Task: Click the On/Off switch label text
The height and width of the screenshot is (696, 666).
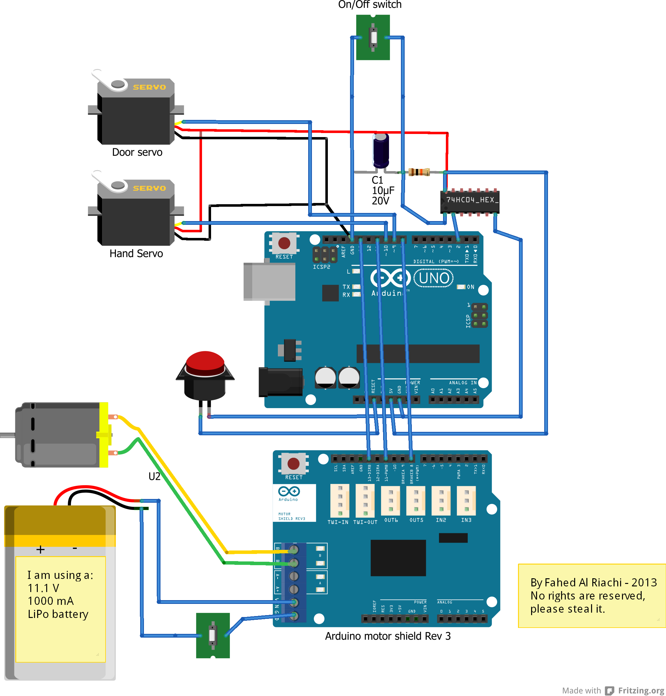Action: (x=370, y=5)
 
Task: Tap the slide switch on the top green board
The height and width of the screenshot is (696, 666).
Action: (x=373, y=37)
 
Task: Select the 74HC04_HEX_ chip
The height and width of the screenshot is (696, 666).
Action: (x=470, y=202)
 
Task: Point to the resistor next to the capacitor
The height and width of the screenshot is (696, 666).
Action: (x=419, y=172)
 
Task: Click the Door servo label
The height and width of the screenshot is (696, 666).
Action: (x=137, y=152)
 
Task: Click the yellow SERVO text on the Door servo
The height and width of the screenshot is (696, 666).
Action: (x=149, y=87)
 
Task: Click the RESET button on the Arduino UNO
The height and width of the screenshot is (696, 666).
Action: (x=284, y=243)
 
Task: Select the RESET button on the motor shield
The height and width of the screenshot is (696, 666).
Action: (x=293, y=463)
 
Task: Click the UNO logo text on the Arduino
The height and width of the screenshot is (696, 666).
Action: (x=434, y=278)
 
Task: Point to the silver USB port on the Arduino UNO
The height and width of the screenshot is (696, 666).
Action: (x=269, y=282)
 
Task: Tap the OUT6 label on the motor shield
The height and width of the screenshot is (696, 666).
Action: (x=391, y=520)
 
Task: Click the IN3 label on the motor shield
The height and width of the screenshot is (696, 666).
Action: (x=466, y=520)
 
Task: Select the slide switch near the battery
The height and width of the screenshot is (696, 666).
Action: (x=212, y=635)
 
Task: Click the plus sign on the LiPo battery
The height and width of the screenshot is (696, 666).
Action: (x=41, y=549)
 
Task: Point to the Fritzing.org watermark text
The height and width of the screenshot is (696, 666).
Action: (x=640, y=690)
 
